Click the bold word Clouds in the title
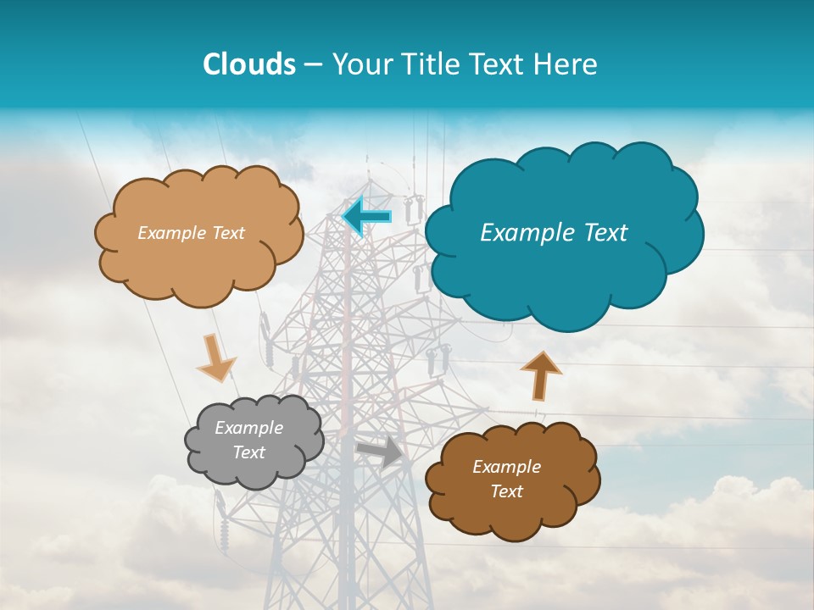(248, 64)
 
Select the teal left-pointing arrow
(366, 217)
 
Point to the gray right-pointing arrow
(381, 452)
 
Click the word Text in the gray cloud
(249, 452)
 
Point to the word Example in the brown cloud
(506, 467)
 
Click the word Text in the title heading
(500, 64)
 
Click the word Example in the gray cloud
(249, 428)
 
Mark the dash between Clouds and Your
(313, 65)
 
